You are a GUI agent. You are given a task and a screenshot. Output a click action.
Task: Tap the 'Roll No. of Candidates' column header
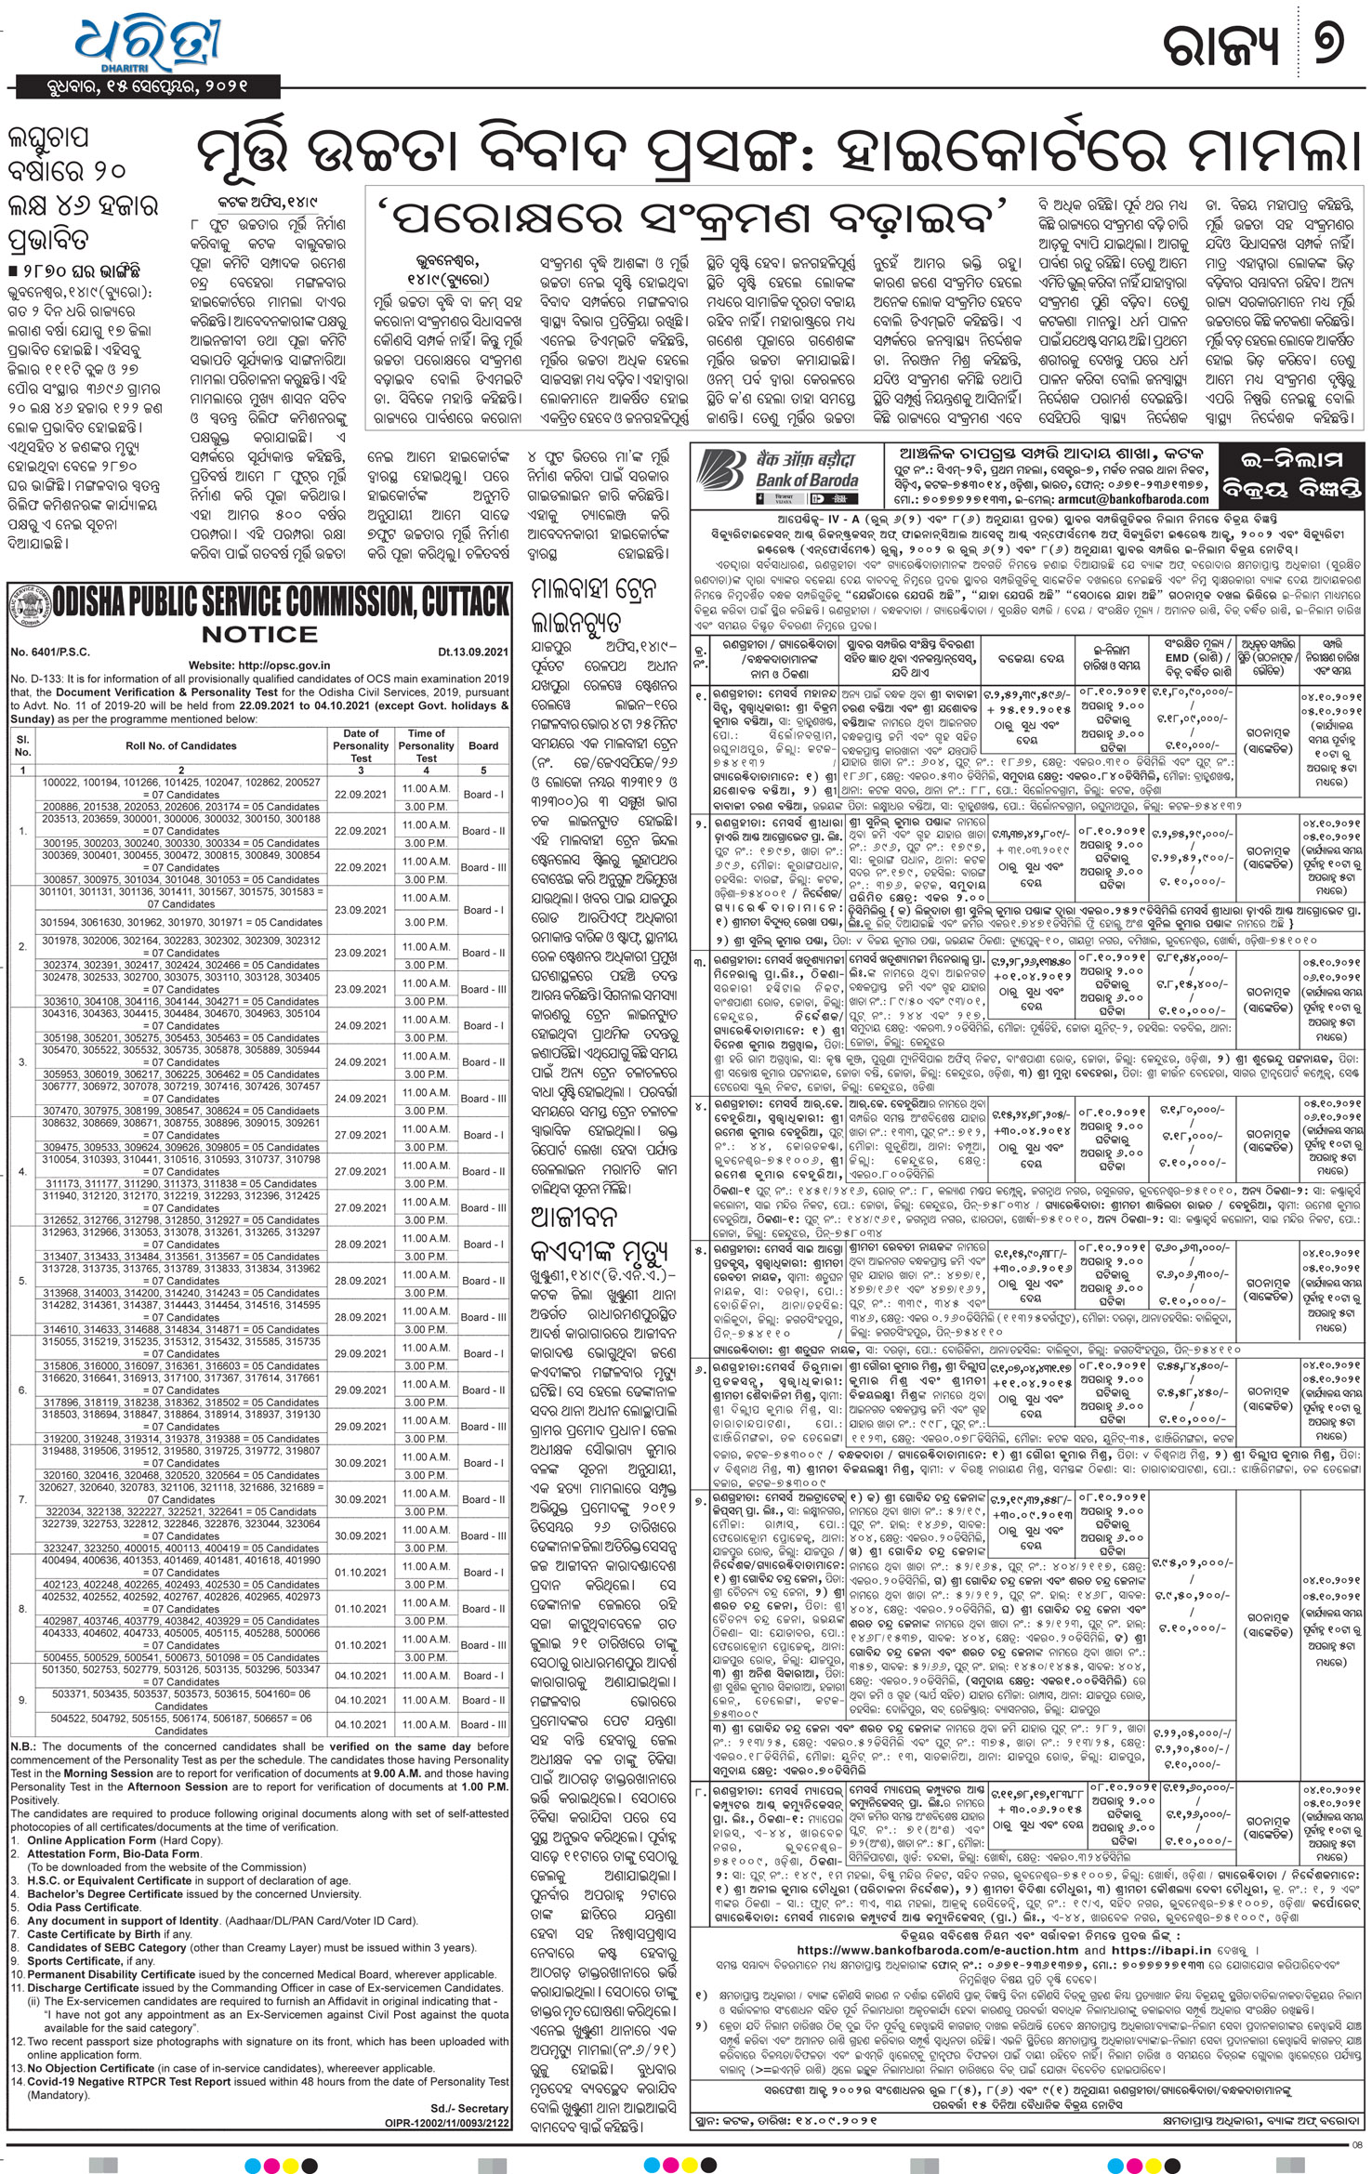pos(181,745)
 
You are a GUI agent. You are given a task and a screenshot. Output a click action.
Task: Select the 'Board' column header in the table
pos(483,745)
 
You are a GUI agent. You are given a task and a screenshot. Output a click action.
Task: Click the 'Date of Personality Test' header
pos(361,745)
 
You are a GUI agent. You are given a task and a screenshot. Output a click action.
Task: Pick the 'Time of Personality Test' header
pos(426,745)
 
